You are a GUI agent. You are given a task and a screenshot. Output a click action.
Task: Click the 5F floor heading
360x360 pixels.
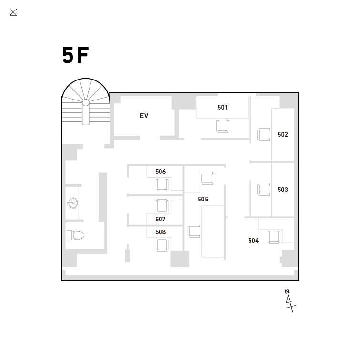point(75,55)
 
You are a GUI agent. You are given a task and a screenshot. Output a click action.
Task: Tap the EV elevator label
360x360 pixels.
point(144,116)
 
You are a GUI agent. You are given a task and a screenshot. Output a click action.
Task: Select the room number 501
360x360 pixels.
point(222,107)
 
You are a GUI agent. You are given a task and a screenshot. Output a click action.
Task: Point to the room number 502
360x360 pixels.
point(283,134)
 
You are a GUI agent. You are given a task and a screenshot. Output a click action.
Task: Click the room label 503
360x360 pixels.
point(283,190)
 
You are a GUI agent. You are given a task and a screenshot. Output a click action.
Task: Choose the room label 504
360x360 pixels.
point(253,240)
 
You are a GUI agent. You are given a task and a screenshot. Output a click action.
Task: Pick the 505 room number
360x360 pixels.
point(203,199)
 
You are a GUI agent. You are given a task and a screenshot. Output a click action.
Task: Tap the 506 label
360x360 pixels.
point(160,171)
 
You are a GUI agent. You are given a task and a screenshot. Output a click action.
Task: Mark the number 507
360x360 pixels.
point(160,219)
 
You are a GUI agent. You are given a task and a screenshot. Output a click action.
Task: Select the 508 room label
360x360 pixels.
point(160,232)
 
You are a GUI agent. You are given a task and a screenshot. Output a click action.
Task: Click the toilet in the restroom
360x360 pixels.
point(76,235)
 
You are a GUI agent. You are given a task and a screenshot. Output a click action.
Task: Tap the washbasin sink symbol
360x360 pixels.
point(73,203)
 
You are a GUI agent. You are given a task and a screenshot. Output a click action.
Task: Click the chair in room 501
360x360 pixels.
point(222,126)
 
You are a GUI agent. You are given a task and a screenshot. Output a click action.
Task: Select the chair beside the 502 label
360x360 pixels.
point(264,135)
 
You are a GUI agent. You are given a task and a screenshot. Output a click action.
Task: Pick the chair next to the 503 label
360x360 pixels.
point(264,189)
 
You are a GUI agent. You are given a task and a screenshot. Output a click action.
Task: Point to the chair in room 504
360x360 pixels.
point(274,237)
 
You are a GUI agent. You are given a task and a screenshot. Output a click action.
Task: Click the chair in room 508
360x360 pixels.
point(162,245)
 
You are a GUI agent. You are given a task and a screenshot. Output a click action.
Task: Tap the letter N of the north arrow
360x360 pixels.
point(287,291)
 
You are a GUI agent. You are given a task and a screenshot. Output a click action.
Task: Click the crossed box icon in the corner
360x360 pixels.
point(13,12)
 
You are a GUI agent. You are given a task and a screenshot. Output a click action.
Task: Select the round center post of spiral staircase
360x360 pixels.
point(86,103)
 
